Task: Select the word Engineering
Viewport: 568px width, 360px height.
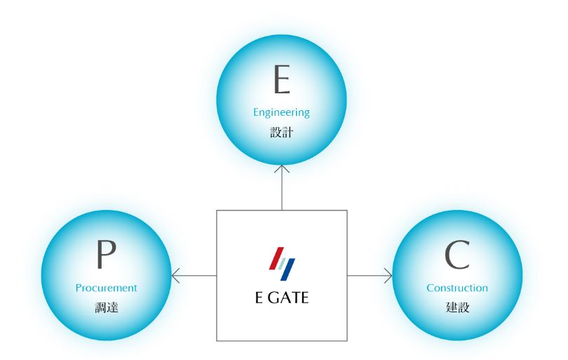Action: pyautogui.click(x=281, y=112)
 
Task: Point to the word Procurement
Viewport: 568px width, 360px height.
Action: pyautogui.click(x=106, y=288)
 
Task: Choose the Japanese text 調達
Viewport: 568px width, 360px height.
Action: pyautogui.click(x=106, y=307)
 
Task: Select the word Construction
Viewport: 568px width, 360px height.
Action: pyautogui.click(x=457, y=288)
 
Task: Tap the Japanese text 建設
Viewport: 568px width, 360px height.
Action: pyautogui.click(x=457, y=307)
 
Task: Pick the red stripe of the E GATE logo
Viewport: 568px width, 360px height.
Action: pyautogui.click(x=275, y=258)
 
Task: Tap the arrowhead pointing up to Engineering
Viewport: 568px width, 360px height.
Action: pyautogui.click(x=281, y=168)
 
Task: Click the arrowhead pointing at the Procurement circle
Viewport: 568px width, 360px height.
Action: pyautogui.click(x=175, y=276)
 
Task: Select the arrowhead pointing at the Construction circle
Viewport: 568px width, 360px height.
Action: pyautogui.click(x=388, y=276)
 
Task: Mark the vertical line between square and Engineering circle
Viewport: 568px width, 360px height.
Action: pyautogui.click(x=281, y=189)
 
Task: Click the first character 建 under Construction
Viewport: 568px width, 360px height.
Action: pyautogui.click(x=451, y=307)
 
